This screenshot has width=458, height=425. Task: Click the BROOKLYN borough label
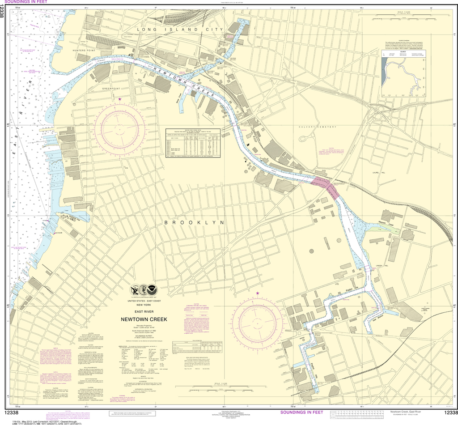point(194,222)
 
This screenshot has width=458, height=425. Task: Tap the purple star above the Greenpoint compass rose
point(119,99)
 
